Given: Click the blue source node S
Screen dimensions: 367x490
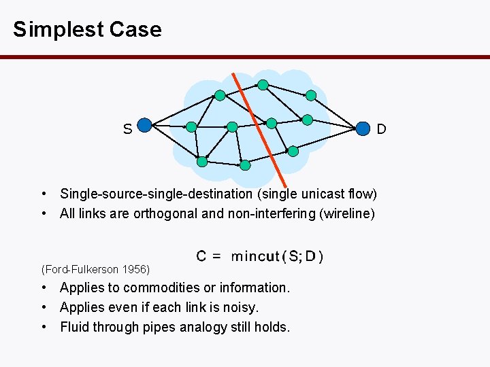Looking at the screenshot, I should click(144, 125).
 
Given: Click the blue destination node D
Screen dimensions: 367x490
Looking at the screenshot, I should click(365, 127).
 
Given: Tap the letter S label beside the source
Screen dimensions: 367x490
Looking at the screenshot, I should click(127, 128).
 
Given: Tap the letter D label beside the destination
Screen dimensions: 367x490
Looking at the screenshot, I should click(382, 128).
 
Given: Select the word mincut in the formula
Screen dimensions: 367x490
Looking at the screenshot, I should click(255, 256).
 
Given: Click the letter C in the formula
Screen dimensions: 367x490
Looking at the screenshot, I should click(202, 256).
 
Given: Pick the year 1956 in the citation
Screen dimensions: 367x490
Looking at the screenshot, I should click(136, 270).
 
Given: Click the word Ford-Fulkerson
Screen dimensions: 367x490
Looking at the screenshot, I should click(81, 270).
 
